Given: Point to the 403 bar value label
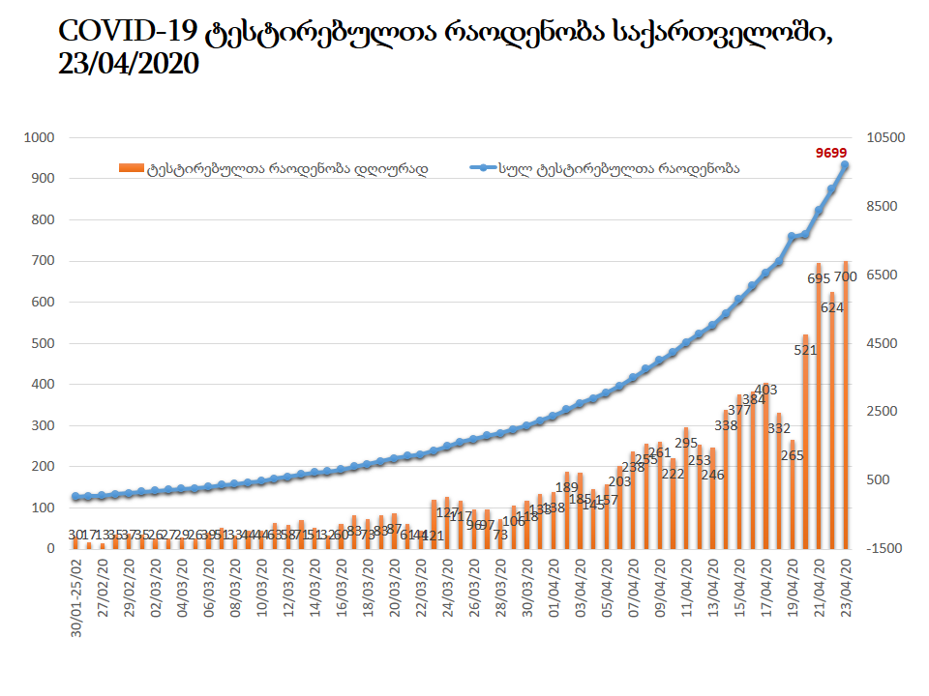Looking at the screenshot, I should [x=765, y=391].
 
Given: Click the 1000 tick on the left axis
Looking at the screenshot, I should [x=40, y=138].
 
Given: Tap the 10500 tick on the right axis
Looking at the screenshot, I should [x=884, y=138].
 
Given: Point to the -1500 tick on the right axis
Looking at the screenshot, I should [x=884, y=548].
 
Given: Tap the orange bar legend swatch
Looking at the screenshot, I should [x=131, y=168].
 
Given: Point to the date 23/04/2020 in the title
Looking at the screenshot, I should [x=129, y=65].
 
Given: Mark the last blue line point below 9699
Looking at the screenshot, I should [x=845, y=166].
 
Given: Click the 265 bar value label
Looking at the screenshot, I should [x=792, y=454].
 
